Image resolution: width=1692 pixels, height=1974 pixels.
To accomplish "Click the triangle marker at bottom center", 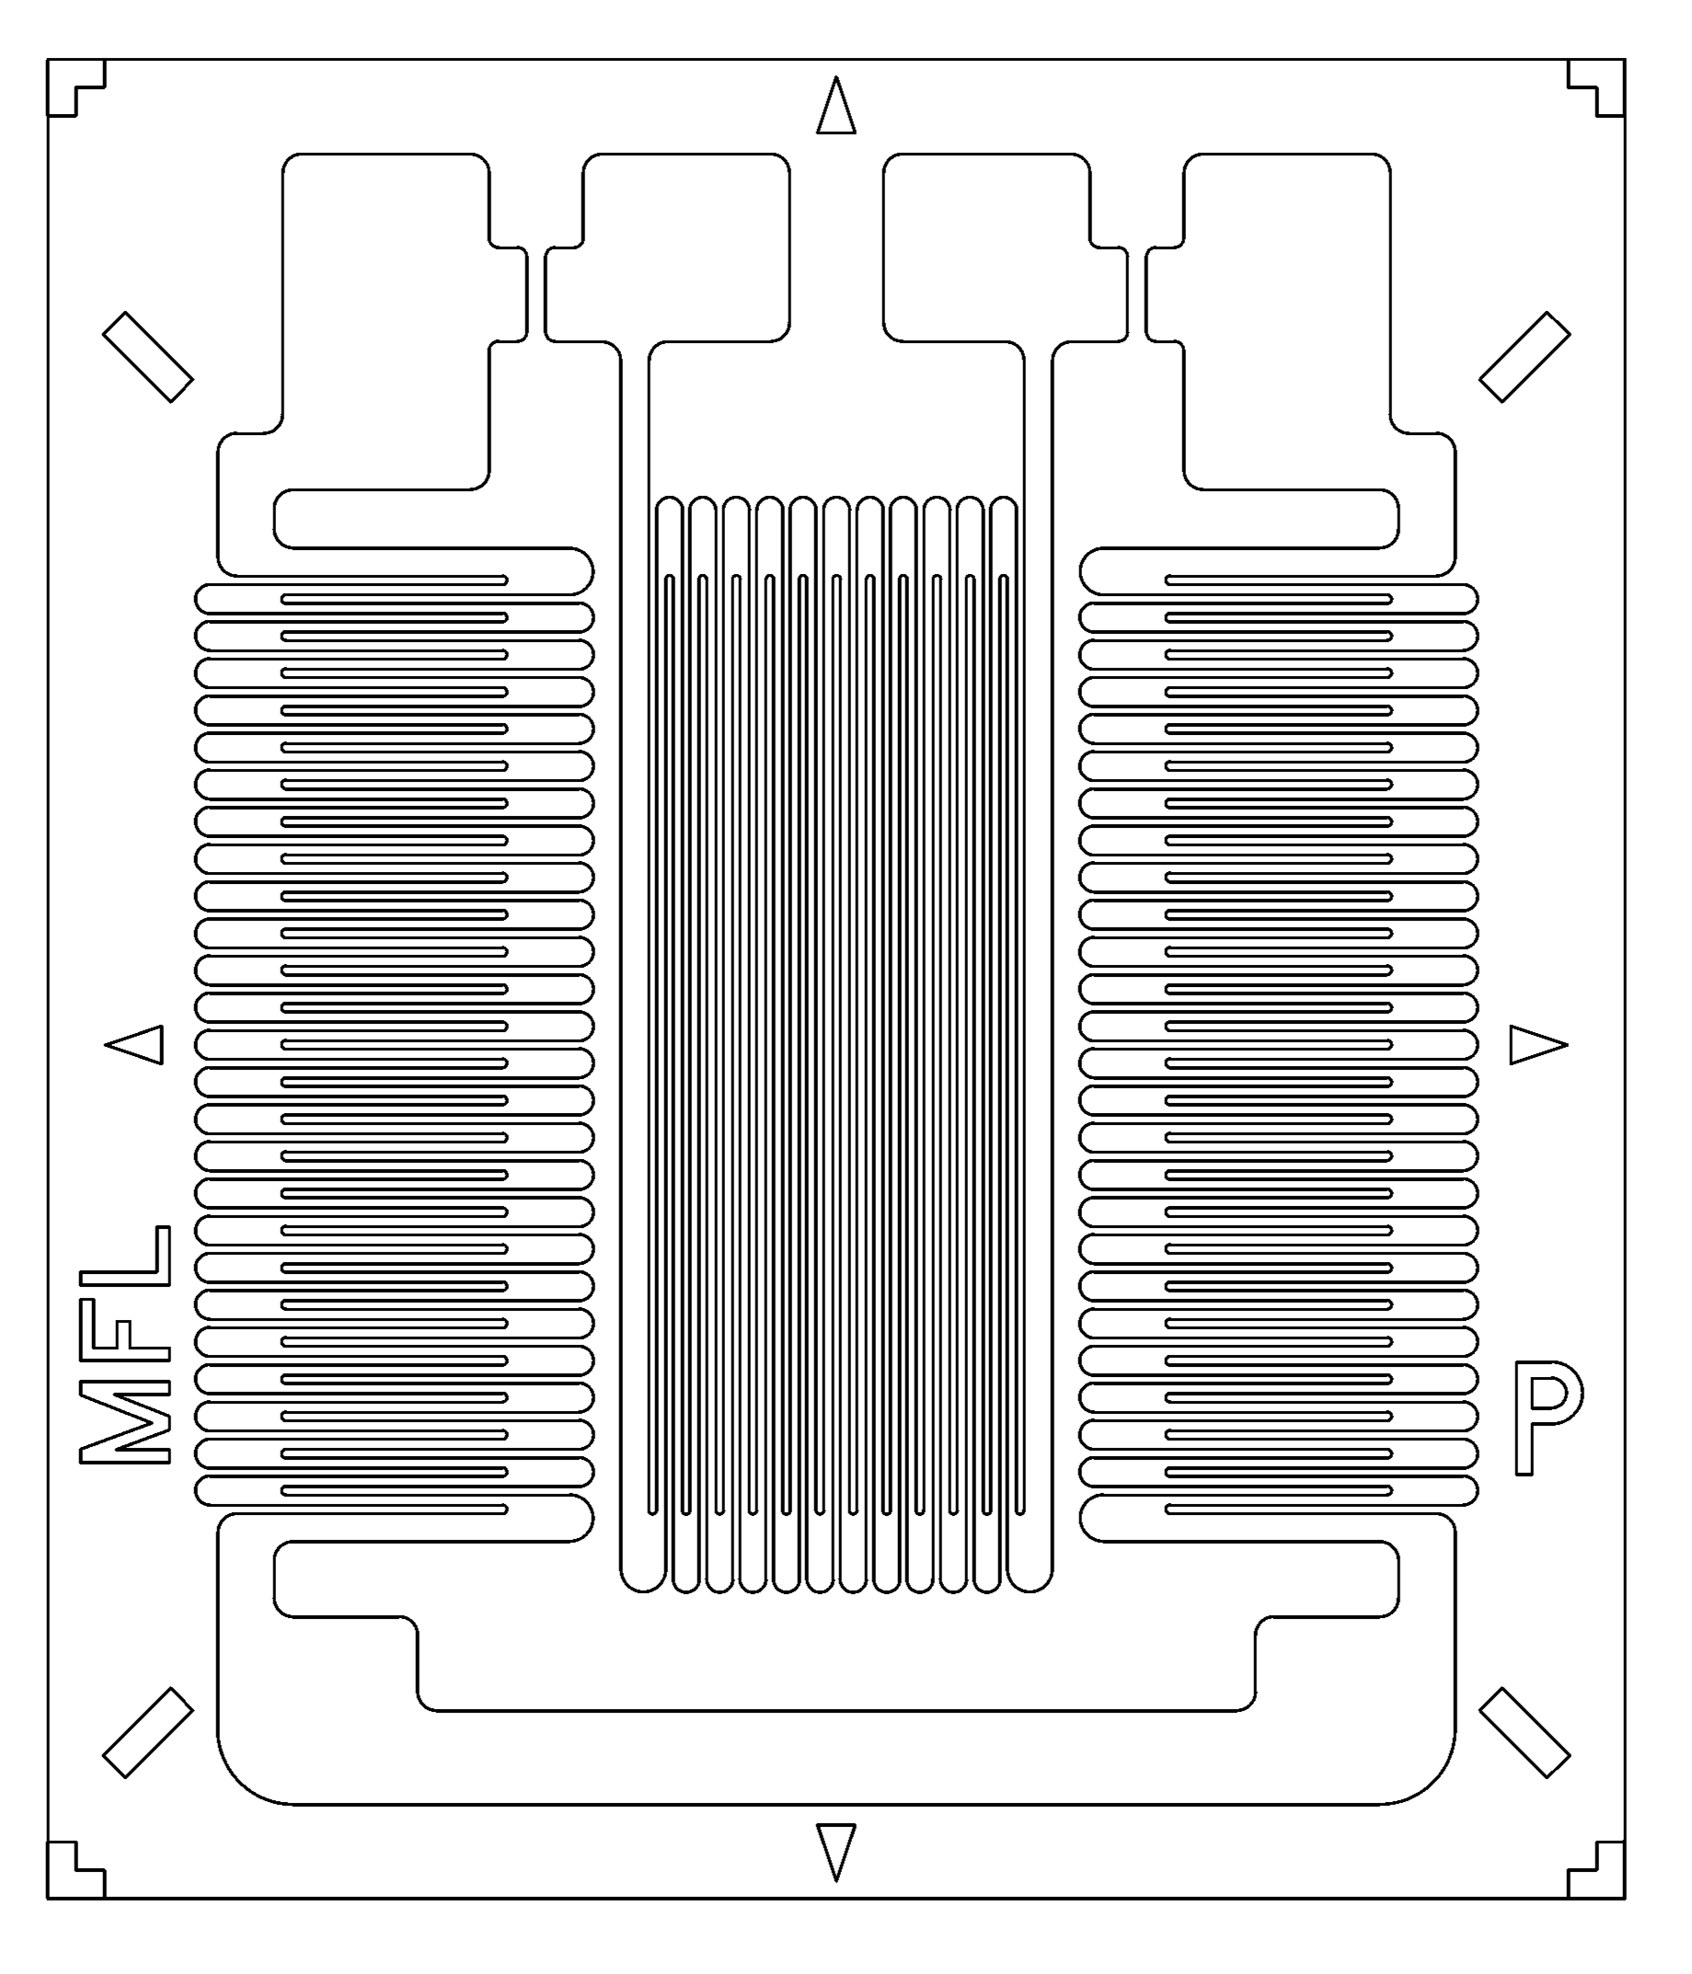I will click(835, 1846).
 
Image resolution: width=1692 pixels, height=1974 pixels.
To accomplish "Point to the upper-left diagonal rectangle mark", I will click(147, 356).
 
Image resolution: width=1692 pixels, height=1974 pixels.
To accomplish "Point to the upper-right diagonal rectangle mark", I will click(1525, 356).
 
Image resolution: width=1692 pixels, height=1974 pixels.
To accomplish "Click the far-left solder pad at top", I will click(386, 315).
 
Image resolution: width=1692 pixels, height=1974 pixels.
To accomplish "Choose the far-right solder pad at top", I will click(1286, 315).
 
